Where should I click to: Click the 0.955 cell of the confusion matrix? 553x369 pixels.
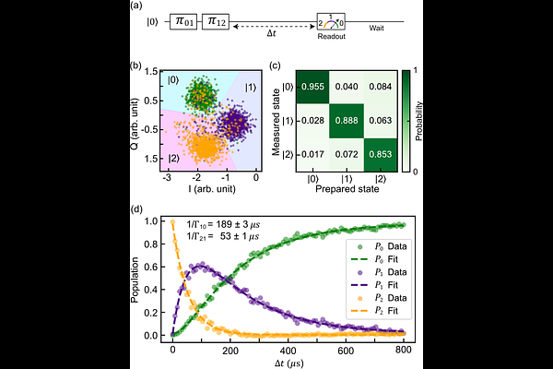312,86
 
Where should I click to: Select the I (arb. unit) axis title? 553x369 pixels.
198,190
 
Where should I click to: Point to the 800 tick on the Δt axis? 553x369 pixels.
401,349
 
